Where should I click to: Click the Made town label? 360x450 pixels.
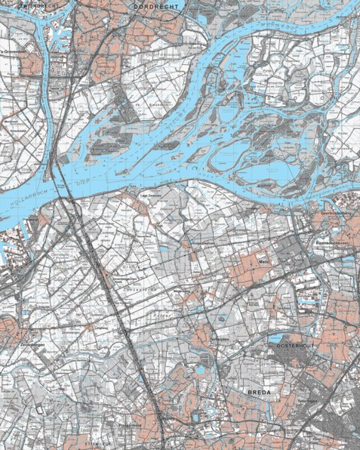[x=263, y=261]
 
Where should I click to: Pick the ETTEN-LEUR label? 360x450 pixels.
[x=94, y=445]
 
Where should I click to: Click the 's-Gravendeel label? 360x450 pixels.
[x=11, y=51]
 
